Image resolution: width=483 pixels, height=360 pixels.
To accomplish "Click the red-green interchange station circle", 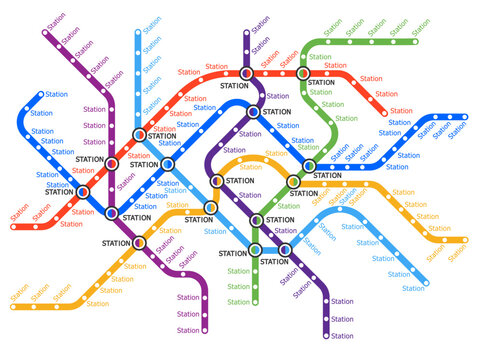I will (303, 73).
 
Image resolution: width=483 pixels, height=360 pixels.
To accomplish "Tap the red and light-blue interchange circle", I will (139, 134).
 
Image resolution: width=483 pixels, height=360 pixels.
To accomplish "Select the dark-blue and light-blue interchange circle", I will (168, 164).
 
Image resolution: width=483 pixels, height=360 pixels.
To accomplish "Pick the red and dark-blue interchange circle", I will (83, 192).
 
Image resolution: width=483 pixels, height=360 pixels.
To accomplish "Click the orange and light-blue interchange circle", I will (210, 207).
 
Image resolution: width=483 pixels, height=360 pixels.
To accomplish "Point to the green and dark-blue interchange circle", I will (309, 164).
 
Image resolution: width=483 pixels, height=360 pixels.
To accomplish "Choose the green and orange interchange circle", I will (293, 182).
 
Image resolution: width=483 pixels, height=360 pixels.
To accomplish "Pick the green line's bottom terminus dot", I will (255, 302).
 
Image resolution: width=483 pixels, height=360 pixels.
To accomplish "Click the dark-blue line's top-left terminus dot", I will (41, 96).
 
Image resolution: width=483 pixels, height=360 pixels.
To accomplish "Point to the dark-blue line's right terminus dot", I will (463, 118).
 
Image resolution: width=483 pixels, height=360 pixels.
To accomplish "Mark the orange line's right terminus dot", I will (461, 240).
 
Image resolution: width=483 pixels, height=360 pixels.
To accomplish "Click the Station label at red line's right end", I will (401, 111).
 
